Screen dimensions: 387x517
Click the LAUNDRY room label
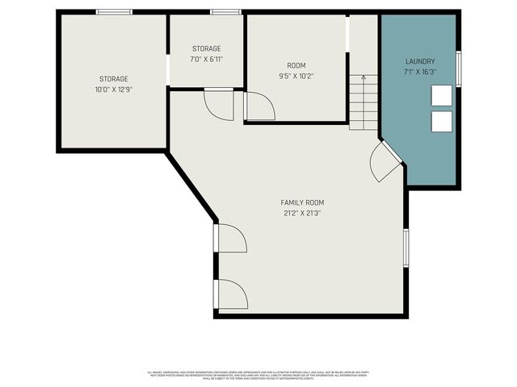pos(420,61)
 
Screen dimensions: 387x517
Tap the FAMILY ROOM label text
pos(303,202)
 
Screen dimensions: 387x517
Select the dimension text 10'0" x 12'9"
pos(114,89)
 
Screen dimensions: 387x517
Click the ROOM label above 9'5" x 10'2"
pos(296,65)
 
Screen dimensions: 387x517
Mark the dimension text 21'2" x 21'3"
pos(303,214)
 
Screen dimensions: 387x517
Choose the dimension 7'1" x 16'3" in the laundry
pos(420,72)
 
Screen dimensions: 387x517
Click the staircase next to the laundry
pos(364,102)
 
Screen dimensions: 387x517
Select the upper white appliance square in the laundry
pos(442,95)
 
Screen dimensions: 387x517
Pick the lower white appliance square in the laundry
pos(442,122)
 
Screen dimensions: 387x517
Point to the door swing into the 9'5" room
pos(258,106)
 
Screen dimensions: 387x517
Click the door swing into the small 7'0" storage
pos(219,104)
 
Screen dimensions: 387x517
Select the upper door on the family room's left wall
pos(229,239)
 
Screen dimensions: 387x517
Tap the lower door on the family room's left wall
pos(230,293)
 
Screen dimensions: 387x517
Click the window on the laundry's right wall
pos(458,69)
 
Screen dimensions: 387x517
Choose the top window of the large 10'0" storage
pos(114,12)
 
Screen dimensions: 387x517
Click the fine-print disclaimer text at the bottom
pos(258,375)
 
